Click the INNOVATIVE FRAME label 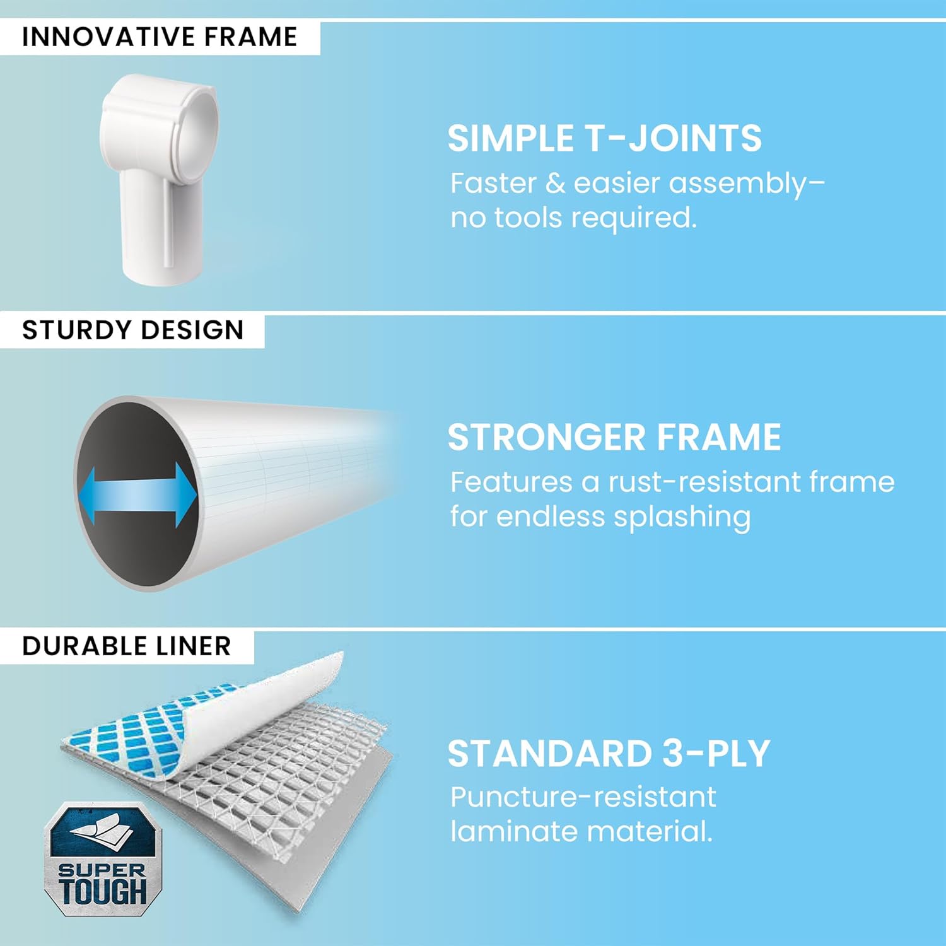(x=159, y=37)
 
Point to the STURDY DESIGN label (x=132, y=330)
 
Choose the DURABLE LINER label (x=126, y=646)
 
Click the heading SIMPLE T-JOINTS (x=604, y=138)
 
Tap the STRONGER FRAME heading (x=614, y=437)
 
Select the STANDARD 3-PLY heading (x=609, y=753)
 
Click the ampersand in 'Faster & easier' (x=555, y=184)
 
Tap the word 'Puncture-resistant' (x=583, y=797)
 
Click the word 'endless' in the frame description (x=551, y=517)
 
